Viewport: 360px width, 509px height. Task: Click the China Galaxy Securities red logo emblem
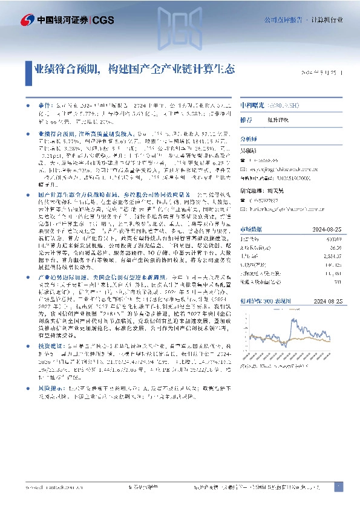27,20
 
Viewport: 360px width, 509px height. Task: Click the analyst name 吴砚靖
249,149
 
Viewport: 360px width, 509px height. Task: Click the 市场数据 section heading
251,229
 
